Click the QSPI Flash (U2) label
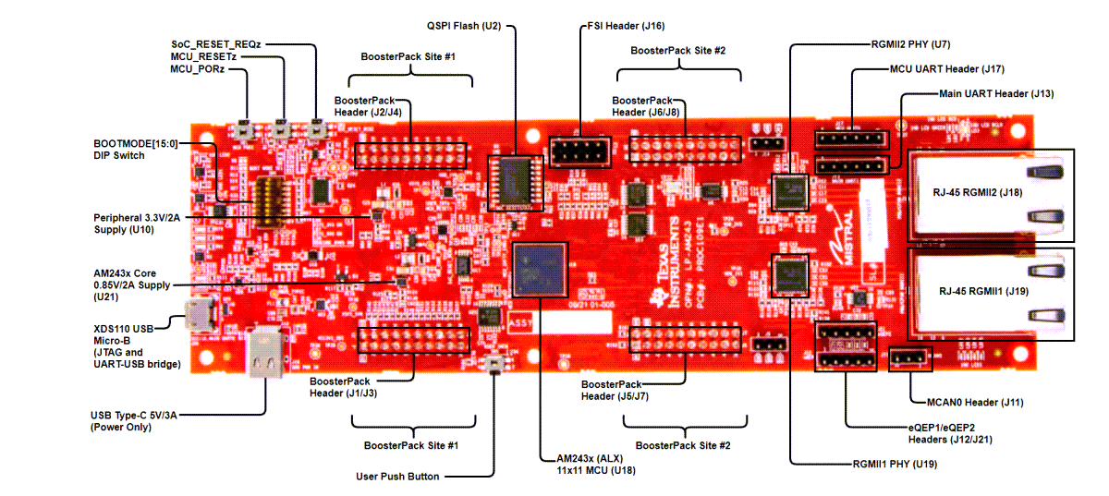click(x=463, y=26)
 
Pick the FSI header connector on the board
click(x=578, y=150)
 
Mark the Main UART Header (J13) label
click(x=996, y=93)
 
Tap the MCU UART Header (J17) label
click(x=946, y=68)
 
